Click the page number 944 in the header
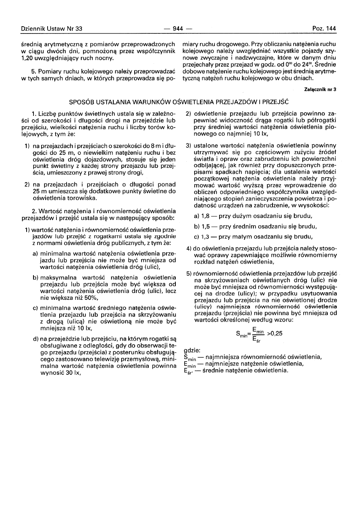[178, 29]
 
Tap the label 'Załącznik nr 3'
[321, 89]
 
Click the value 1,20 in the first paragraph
[28, 58]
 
